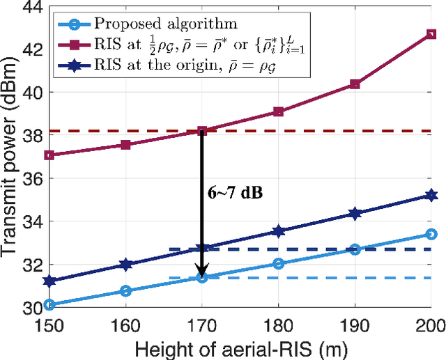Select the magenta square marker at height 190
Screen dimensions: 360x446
(355, 84)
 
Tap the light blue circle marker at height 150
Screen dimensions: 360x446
(49, 304)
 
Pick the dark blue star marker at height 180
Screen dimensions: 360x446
(278, 231)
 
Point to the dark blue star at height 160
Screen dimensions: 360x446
(125, 265)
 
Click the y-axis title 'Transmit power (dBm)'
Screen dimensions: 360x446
(12, 159)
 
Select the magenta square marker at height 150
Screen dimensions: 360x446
(49, 155)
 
